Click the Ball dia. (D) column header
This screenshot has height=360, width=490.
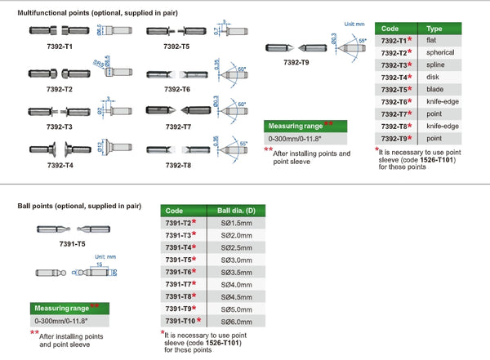(236, 211)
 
